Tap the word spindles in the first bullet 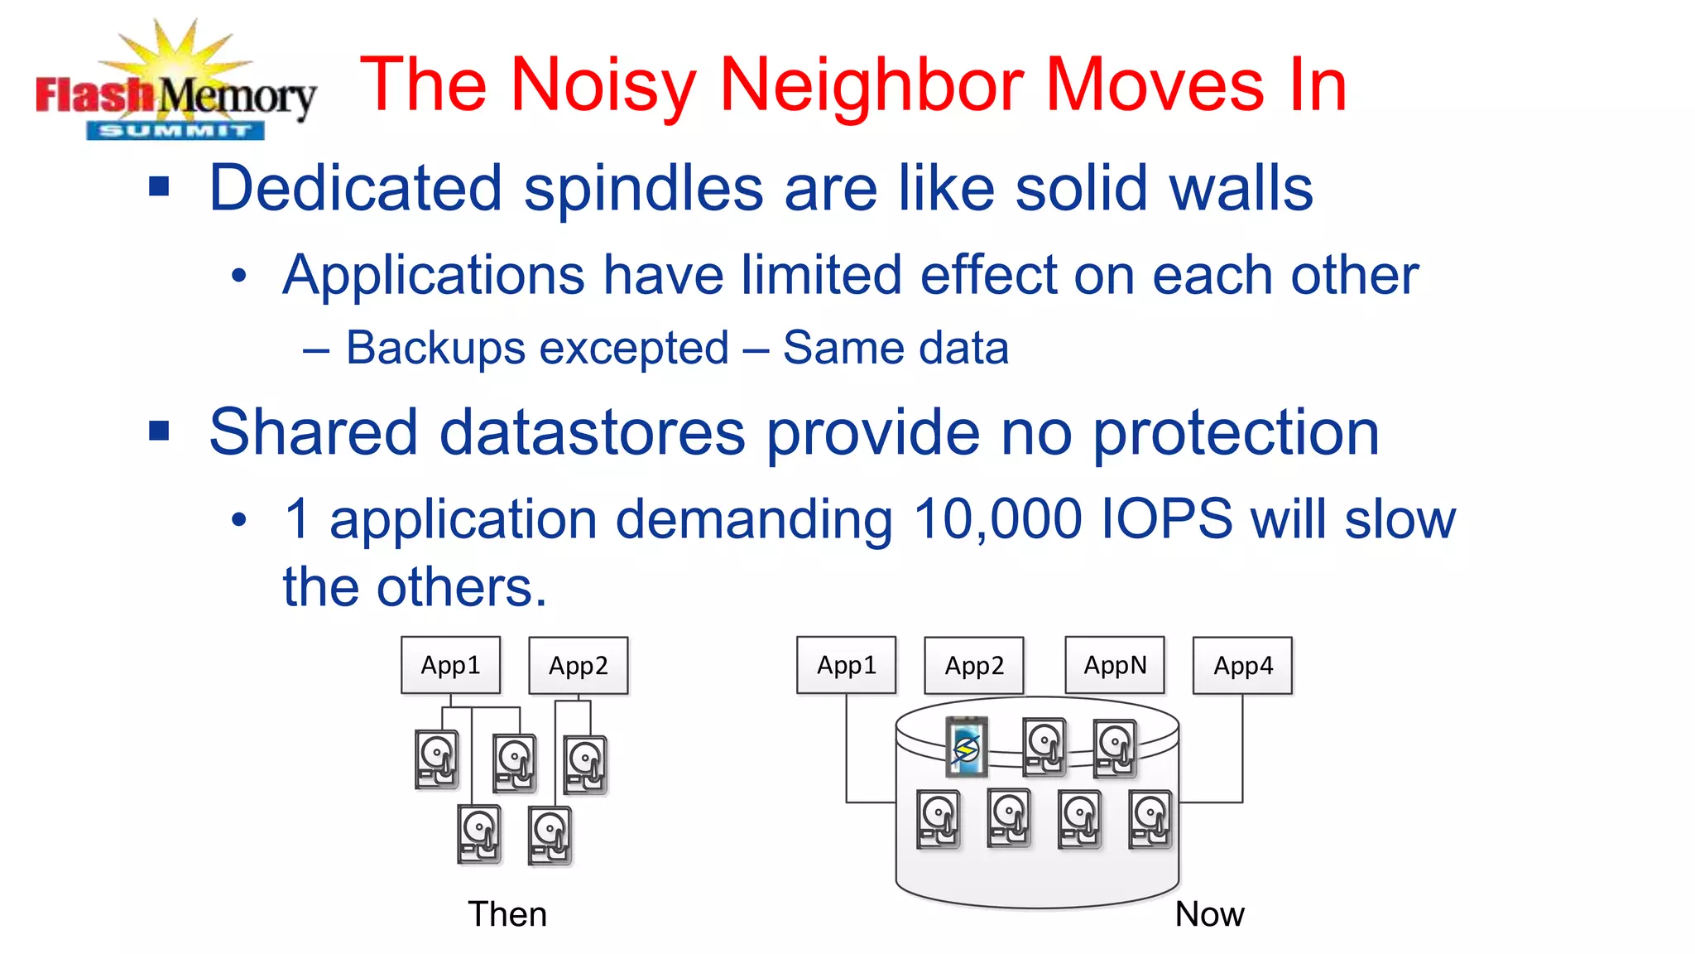tap(643, 189)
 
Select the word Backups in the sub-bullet tap(435, 348)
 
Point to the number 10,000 tap(997, 520)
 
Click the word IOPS tap(1167, 520)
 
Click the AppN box tap(1115, 665)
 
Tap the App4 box tap(1242, 665)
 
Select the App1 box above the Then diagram tap(450, 665)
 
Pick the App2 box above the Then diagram tap(578, 665)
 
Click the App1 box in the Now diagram tap(846, 665)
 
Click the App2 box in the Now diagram tap(973, 665)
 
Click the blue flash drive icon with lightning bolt tap(966, 747)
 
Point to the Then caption tap(507, 914)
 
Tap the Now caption tap(1209, 914)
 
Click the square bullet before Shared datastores tap(159, 431)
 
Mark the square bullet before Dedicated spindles tap(159, 186)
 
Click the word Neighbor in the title tap(872, 85)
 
